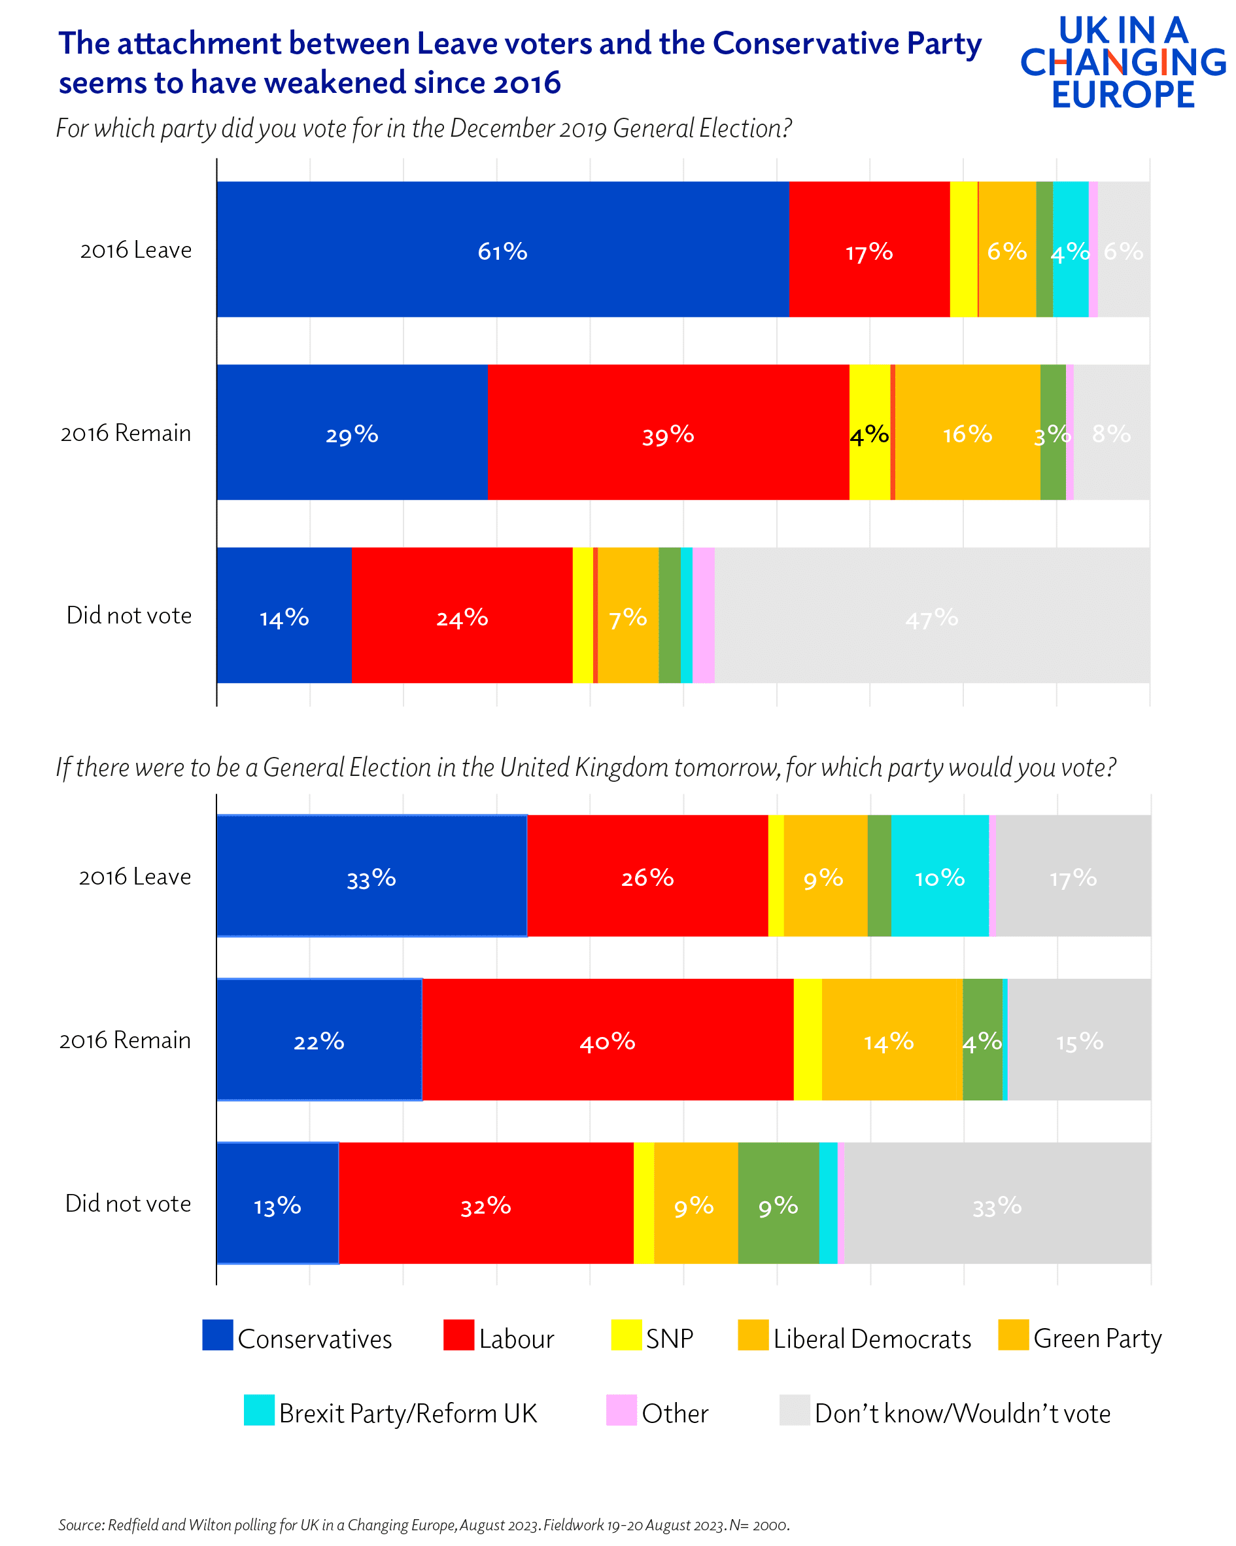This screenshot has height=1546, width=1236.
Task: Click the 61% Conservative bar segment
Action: point(502,249)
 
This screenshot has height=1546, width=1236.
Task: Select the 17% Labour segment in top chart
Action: point(869,249)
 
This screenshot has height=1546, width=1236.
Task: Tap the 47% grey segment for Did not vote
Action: point(931,615)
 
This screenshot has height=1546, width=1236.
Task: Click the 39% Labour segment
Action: point(668,432)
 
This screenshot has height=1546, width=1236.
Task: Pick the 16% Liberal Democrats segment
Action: point(967,432)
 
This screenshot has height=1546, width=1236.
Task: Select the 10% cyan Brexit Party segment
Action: point(939,875)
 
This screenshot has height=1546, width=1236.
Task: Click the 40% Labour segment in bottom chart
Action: point(608,1039)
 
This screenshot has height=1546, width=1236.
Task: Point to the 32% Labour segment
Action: point(485,1203)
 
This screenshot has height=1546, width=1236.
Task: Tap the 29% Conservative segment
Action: point(351,432)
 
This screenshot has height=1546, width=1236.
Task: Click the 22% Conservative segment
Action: point(319,1039)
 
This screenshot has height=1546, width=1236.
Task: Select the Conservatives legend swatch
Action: point(217,1335)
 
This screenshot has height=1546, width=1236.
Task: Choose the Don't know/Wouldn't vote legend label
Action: point(961,1413)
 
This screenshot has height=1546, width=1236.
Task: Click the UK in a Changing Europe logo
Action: point(1122,62)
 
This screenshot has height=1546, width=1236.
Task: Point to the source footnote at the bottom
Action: point(423,1524)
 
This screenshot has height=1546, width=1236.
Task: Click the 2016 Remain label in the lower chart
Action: point(125,1040)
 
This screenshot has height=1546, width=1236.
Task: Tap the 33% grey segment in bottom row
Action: point(997,1203)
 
